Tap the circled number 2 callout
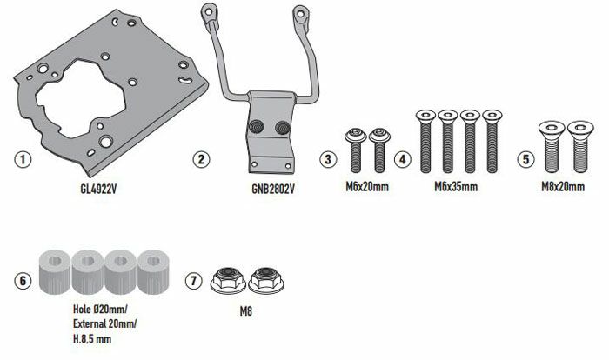[x=200, y=159]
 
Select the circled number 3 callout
[x=328, y=159]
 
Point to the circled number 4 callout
[x=402, y=159]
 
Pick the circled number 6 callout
[x=23, y=281]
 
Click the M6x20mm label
[x=365, y=186]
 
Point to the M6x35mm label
[x=458, y=186]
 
